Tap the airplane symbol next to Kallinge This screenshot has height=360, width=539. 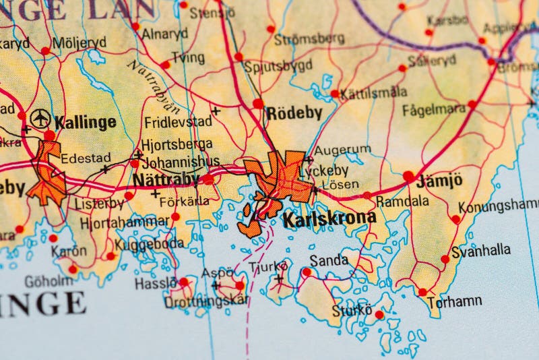40,119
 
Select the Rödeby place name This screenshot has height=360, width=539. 294,113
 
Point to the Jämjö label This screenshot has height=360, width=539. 439,180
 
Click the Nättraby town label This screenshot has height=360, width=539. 166,179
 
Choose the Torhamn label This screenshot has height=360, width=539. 453,301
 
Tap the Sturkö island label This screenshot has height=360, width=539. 351,311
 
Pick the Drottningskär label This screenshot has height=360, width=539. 205,301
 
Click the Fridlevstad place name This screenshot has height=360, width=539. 178,122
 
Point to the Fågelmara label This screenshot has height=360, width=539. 434,109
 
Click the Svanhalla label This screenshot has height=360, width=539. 480,250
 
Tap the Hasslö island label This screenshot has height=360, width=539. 156,284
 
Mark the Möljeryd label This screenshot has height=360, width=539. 80,42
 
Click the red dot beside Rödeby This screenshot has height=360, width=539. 258,104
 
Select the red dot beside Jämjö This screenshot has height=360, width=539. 408,176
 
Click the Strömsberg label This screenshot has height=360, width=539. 309,39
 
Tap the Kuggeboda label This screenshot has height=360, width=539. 149,244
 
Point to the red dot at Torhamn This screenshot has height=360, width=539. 422,292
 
